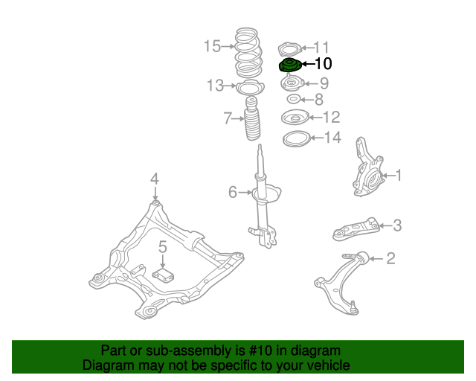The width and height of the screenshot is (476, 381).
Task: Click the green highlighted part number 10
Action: tap(290, 65)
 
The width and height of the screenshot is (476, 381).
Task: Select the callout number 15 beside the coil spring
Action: tap(212, 46)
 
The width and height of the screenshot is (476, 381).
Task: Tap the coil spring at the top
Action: tap(248, 54)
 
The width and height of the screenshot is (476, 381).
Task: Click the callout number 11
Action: tap(321, 48)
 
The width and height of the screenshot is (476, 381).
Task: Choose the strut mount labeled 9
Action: tap(292, 83)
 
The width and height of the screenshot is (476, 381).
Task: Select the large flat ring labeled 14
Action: tap(296, 138)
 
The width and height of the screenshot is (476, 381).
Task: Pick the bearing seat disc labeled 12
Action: tap(295, 118)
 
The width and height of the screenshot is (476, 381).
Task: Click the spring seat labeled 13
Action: tap(250, 88)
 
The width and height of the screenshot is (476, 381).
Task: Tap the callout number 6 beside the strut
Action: tap(233, 192)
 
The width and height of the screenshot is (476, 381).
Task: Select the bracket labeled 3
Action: tap(356, 229)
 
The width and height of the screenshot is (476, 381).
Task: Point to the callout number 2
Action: tap(390, 258)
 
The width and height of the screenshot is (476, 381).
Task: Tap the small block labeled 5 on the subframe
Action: tap(164, 275)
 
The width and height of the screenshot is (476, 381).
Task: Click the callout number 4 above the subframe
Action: tap(155, 179)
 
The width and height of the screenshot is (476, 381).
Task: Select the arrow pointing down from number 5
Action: tap(163, 261)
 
